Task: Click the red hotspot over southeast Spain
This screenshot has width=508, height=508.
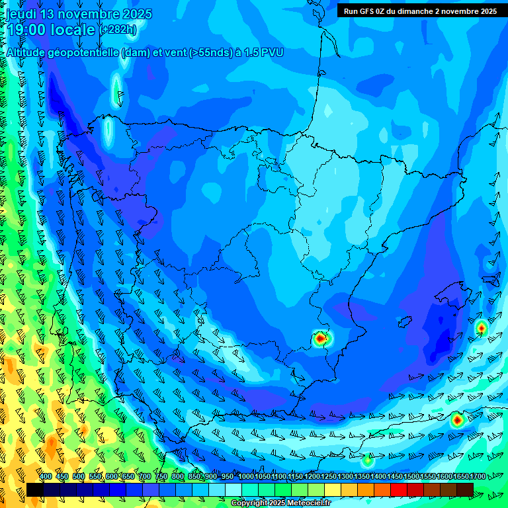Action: pyautogui.click(x=320, y=339)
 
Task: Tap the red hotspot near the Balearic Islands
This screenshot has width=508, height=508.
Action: pyautogui.click(x=481, y=327)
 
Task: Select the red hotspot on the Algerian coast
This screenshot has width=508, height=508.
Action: pyautogui.click(x=456, y=419)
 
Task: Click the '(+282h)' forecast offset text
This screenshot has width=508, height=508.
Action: pyautogui.click(x=118, y=30)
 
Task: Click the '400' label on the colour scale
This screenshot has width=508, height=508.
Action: pyautogui.click(x=46, y=477)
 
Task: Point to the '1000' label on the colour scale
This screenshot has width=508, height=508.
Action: pyautogui.click(x=245, y=477)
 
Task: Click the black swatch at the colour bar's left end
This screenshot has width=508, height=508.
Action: pyautogui.click(x=34, y=489)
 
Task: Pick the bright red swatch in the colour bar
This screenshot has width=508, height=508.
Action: pyautogui.click(x=399, y=489)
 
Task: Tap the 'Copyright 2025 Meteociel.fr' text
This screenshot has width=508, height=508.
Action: pyautogui.click(x=280, y=503)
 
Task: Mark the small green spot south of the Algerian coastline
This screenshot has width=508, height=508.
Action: pyautogui.click(x=368, y=460)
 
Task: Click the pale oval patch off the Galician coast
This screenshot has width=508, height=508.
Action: pyautogui.click(x=108, y=132)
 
